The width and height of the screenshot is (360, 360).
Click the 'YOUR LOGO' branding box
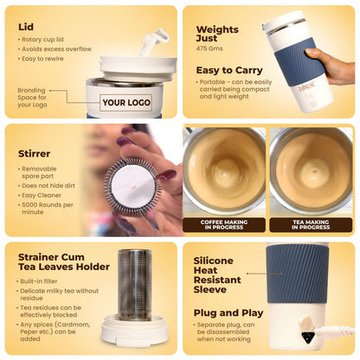127,102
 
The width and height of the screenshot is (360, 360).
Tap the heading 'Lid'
26,27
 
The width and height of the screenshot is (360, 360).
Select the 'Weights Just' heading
216,35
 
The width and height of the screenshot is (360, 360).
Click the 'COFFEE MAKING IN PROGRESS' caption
223,223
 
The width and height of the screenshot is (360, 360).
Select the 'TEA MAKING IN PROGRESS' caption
311,223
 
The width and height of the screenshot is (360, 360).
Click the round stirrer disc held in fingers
132,183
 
